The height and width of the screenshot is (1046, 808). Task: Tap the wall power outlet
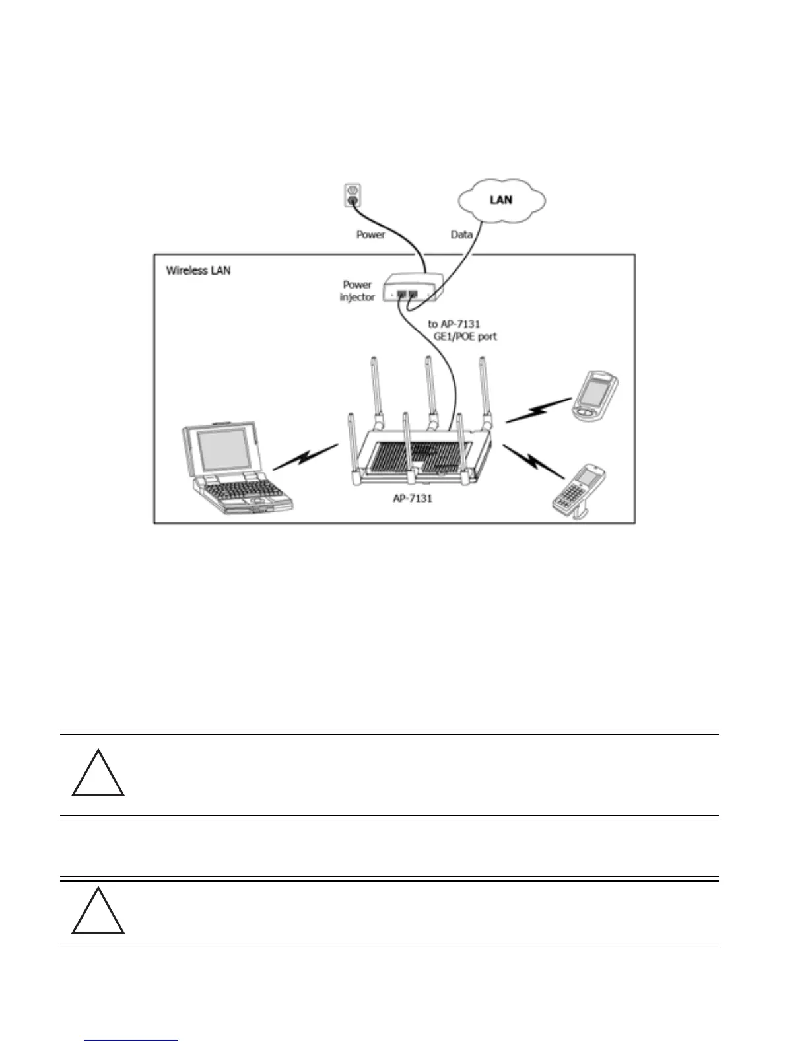tap(351, 194)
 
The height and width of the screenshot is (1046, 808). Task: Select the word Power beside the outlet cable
tap(370, 234)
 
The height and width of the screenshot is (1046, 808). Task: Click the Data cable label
tap(461, 234)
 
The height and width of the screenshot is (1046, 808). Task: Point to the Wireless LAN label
tap(198, 271)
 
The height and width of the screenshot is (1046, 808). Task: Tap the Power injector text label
tap(357, 291)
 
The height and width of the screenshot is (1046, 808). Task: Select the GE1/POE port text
tap(461, 336)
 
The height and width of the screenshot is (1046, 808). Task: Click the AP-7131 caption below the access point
tap(412, 499)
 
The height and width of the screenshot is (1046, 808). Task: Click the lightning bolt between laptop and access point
tap(305, 456)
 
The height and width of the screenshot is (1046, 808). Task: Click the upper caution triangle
tap(98, 775)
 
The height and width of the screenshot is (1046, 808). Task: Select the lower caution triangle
tap(98, 912)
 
